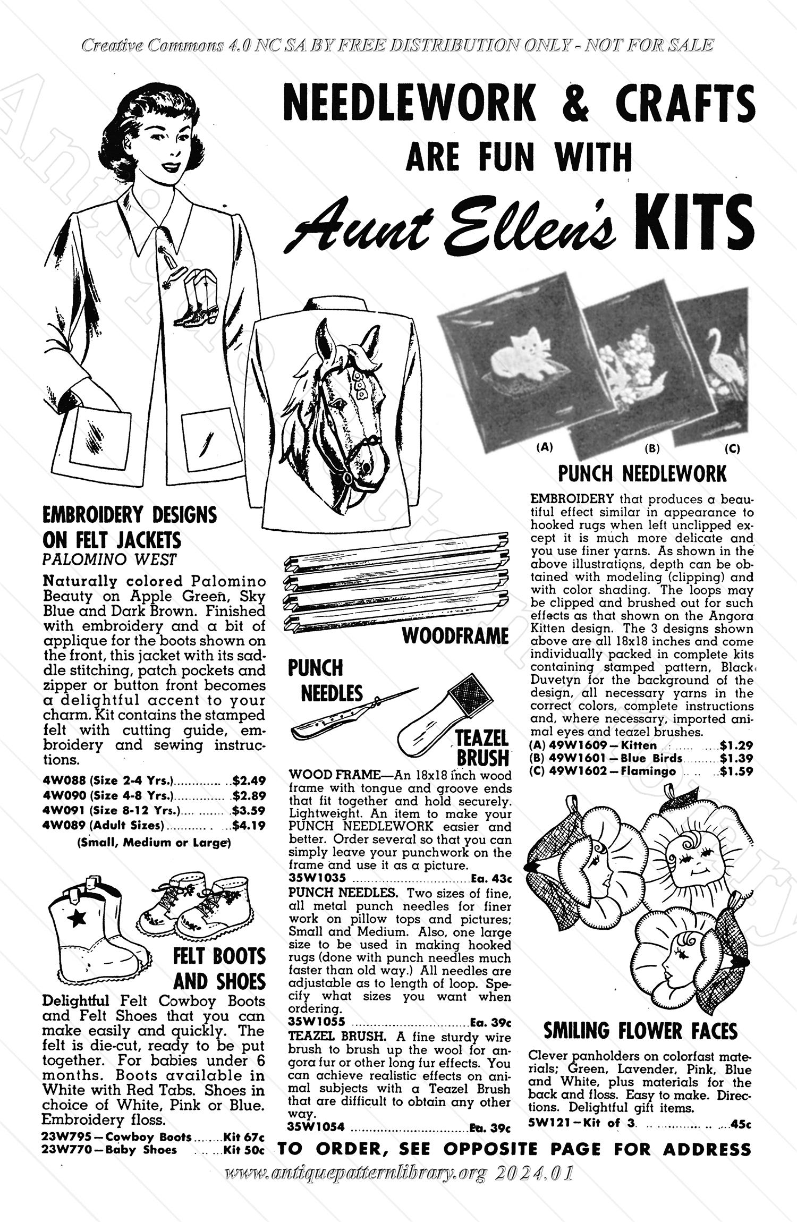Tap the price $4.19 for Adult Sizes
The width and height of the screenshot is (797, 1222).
tap(249, 825)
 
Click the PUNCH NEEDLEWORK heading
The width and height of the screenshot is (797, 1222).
tap(642, 473)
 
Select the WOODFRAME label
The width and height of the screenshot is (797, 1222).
tap(455, 635)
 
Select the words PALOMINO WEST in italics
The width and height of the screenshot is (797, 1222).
tap(109, 559)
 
